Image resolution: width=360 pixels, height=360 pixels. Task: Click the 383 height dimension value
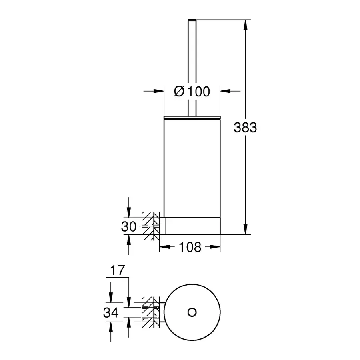point(245,128)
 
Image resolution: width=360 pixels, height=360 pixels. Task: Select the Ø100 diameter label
point(192,92)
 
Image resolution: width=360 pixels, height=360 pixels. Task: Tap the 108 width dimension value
point(190,247)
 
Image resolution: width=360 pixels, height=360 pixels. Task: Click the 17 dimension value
point(118,271)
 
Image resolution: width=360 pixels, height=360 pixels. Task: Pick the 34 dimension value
point(112,312)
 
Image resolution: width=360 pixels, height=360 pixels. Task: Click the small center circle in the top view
point(192,312)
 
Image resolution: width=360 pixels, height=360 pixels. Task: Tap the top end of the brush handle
point(192,20)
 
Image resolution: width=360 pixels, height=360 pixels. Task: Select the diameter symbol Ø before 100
point(179,92)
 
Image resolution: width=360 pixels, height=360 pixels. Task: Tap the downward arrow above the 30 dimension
point(128,212)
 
